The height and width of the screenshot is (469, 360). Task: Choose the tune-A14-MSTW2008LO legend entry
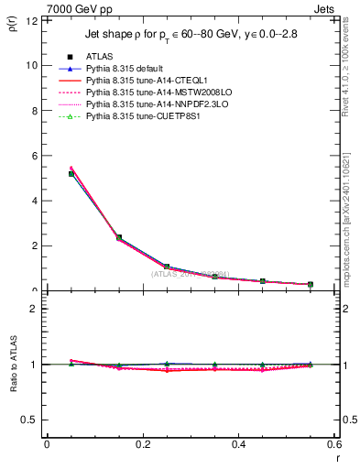coord(151,93)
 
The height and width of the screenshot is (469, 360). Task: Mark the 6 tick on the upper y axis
coord(35,156)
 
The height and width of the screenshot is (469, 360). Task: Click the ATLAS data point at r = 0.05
coord(71,173)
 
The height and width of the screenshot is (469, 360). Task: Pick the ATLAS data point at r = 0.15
coord(118,237)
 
